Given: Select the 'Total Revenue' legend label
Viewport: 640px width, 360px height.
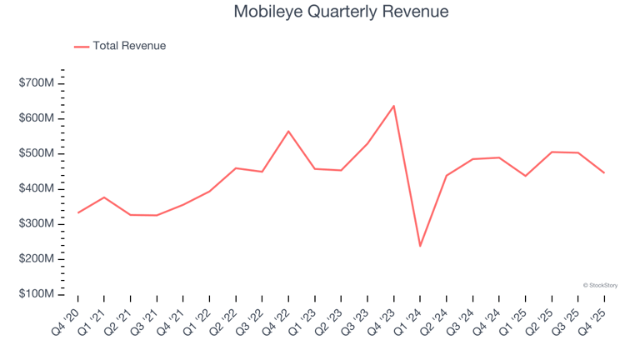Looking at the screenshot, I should tap(129, 46).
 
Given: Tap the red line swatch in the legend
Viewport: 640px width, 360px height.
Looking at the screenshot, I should tap(82, 47).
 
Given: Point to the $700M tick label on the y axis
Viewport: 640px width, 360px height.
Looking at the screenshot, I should tap(37, 83).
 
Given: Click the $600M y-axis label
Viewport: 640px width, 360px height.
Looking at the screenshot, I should tap(37, 118).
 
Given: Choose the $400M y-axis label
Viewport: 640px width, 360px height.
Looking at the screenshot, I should tap(37, 189).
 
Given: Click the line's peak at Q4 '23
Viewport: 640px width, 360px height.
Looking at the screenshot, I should tap(393, 106).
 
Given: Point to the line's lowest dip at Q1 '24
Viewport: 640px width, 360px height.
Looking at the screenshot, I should tap(420, 246).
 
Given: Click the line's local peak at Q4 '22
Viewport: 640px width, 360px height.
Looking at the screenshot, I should tap(288, 131).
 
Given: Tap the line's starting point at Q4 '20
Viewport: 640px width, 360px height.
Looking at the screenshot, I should tap(77, 212).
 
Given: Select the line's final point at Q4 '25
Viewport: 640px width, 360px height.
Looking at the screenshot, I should tap(604, 172).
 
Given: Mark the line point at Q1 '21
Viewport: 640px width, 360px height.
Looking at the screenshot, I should tap(104, 197).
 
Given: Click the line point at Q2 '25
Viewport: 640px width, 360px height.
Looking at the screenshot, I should tap(552, 152).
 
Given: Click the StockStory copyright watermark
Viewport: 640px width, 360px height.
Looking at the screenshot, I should tap(600, 285).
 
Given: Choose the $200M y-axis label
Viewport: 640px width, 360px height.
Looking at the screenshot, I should tap(37, 259).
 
